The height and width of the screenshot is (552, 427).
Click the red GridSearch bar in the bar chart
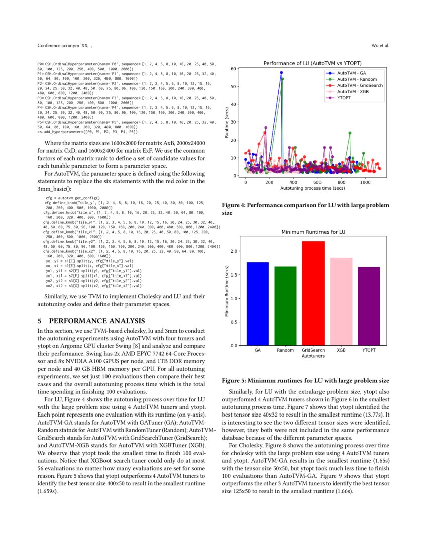(313, 294)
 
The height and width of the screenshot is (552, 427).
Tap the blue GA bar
(257, 304)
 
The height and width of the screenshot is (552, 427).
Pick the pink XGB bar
(342, 302)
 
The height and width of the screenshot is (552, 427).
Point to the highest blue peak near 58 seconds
(281, 73)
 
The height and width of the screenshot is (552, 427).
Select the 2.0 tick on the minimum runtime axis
(234, 251)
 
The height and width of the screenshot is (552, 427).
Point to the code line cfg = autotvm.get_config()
(73, 198)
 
